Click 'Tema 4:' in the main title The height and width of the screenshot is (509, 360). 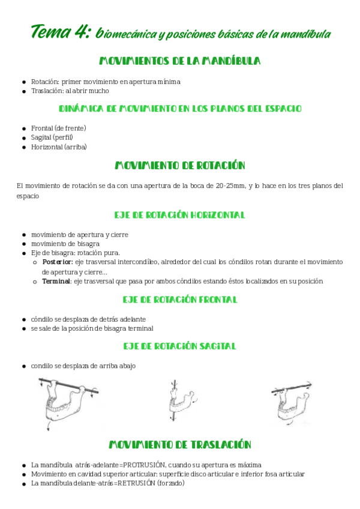point(60,32)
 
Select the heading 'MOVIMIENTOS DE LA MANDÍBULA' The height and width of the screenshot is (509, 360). point(179,61)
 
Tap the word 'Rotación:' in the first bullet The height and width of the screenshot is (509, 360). point(45,81)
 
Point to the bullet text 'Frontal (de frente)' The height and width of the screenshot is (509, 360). point(59,128)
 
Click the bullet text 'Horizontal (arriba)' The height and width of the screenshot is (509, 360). point(59,147)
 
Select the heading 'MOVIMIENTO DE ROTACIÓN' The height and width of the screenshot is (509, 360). point(179,166)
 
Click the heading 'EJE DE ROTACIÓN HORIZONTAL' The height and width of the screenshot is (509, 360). point(179,215)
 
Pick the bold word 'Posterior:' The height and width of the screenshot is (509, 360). point(57,262)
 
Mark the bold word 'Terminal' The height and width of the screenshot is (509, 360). point(56,281)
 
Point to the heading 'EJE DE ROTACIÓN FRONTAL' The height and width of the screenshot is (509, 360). point(179,299)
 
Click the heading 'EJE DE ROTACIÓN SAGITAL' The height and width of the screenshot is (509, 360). point(179,346)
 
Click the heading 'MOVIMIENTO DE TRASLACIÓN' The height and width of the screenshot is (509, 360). point(179,445)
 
